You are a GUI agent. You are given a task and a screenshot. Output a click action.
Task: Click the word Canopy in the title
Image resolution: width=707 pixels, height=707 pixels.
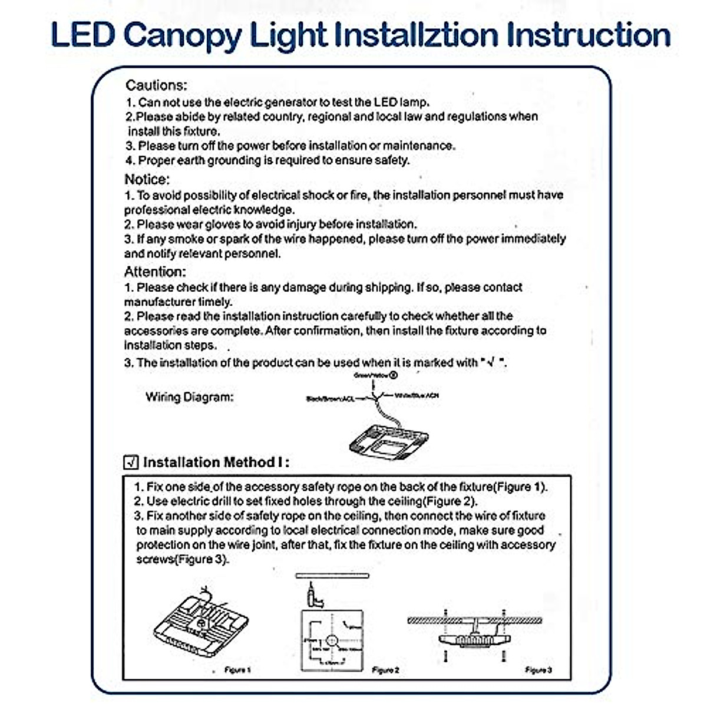pos(183,35)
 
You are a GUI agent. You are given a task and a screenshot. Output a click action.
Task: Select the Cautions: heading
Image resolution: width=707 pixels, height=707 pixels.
pos(156,85)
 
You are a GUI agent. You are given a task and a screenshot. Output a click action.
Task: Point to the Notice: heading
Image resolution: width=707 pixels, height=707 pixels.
pos(147,179)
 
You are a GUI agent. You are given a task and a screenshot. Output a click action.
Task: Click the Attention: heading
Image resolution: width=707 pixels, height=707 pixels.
pos(154,272)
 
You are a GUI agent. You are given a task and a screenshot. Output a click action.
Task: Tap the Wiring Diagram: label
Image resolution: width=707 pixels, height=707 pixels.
pos(189,397)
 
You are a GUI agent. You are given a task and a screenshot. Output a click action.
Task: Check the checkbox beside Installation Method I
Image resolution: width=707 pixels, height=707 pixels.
pos(131,462)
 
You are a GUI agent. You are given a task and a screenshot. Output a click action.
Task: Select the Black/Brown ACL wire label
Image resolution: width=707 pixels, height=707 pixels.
pos(331,399)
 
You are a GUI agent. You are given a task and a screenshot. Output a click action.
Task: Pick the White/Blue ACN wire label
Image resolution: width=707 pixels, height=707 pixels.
pos(417,395)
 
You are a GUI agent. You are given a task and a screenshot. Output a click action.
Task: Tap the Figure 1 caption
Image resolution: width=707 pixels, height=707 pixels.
pos(238,670)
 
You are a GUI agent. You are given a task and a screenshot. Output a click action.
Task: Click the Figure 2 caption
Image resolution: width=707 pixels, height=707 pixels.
pos(386,670)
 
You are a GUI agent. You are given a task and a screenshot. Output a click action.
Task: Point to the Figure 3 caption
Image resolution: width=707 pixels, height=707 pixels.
pos(538,670)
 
